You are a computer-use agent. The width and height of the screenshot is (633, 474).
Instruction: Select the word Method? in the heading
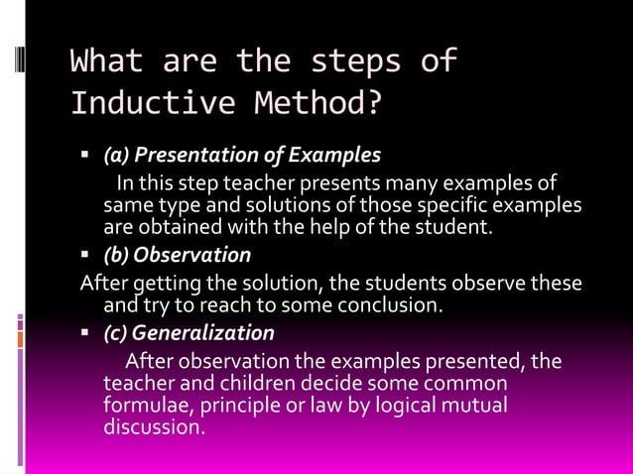click(323, 102)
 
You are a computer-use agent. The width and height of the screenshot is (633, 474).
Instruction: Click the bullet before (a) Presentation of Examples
click(85, 156)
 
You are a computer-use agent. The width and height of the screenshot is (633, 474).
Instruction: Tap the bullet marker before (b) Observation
click(85, 255)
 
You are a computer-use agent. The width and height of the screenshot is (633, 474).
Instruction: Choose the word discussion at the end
click(154, 428)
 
